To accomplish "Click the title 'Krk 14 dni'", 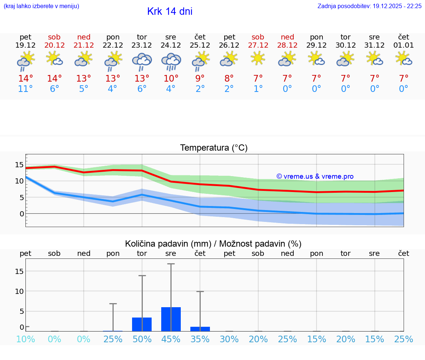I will click(x=170, y=11).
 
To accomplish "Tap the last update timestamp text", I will click(x=369, y=6).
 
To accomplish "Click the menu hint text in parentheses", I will click(x=41, y=6).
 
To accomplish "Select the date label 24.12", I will click(x=171, y=45).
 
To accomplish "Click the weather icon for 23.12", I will click(x=142, y=61).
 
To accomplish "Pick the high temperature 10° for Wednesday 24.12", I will click(x=171, y=79).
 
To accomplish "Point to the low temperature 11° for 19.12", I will click(x=25, y=89).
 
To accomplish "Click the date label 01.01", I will click(x=404, y=45).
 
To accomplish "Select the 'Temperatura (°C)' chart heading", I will click(x=214, y=148).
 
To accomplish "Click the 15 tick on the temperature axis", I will click(x=19, y=165).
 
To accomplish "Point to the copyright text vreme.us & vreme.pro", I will click(x=315, y=176).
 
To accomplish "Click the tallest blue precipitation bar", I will click(x=171, y=319).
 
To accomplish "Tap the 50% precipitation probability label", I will click(x=142, y=339).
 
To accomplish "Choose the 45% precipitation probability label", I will click(x=171, y=339).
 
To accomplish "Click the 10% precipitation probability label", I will click(x=25, y=339).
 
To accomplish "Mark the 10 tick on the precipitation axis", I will click(x=19, y=291).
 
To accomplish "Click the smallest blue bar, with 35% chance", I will click(x=200, y=329).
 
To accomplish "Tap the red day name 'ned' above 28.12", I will click(x=287, y=37).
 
